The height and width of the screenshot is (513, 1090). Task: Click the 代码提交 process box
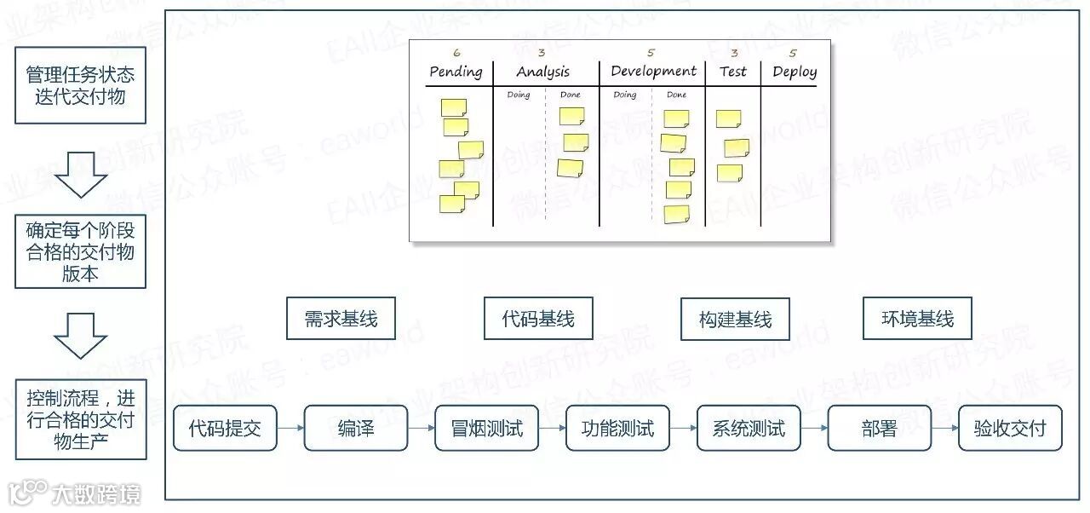click(225, 429)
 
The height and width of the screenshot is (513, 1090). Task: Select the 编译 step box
click(356, 429)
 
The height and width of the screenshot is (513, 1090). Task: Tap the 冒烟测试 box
click(487, 429)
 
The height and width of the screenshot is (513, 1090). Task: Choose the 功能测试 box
click(617, 429)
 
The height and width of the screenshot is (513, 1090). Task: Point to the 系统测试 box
click(749, 429)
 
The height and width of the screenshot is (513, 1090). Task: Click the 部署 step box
click(879, 429)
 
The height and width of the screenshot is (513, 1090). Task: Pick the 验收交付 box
click(1010, 429)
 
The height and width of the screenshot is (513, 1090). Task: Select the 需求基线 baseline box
click(341, 320)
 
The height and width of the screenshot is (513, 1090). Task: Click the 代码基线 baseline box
click(538, 320)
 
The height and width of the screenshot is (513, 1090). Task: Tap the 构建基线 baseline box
click(735, 320)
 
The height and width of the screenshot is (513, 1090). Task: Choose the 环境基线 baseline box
click(917, 320)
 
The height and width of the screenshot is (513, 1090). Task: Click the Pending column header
click(456, 72)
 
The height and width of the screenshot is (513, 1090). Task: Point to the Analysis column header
click(542, 72)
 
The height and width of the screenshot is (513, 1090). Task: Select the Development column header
click(653, 72)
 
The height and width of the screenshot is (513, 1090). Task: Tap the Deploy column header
click(795, 72)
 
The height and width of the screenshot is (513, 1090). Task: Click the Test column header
click(732, 72)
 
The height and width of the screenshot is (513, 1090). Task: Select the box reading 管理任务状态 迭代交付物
click(80, 85)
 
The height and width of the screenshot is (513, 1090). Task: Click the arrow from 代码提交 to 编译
click(290, 429)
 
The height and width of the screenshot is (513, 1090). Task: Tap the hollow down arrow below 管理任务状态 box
click(80, 173)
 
